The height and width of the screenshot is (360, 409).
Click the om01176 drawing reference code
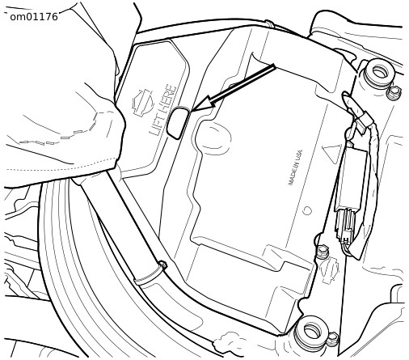tap(34, 17)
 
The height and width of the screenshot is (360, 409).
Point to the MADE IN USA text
tap(295, 167)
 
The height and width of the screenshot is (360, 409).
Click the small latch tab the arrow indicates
tap(178, 123)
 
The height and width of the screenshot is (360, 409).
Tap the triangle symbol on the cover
tap(332, 153)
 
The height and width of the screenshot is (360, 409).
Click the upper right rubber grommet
tap(380, 72)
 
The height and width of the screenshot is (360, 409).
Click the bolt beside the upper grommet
tap(394, 93)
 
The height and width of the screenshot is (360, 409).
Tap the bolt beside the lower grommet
tap(333, 339)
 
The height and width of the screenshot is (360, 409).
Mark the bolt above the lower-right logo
tap(322, 252)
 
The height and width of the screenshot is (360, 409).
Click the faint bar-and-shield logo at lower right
tap(329, 271)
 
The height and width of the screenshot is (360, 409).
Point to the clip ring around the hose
tap(150, 273)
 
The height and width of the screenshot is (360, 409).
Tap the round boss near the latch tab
tap(213, 138)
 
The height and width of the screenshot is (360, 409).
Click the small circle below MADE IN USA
tap(307, 210)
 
